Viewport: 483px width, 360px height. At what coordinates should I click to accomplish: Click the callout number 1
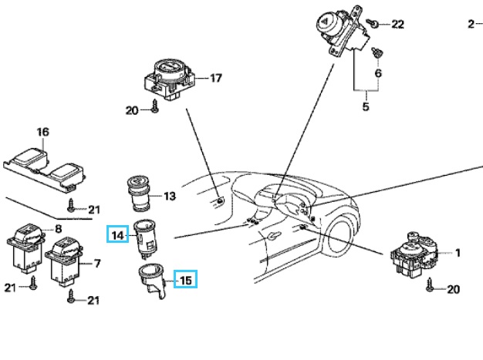pos(457,252)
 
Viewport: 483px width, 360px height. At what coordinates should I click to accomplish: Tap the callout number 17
pos(215,78)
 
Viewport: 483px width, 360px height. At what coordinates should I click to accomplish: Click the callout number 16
pos(43,133)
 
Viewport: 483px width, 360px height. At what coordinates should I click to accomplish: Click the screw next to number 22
pos(373,25)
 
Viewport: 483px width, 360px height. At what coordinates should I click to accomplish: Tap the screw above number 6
pos(377,52)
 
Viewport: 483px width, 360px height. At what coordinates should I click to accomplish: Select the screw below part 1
pos(431,288)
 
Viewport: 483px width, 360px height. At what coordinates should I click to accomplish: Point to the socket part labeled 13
pos(140,193)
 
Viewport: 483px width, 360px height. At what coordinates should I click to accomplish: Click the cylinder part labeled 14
pos(144,237)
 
